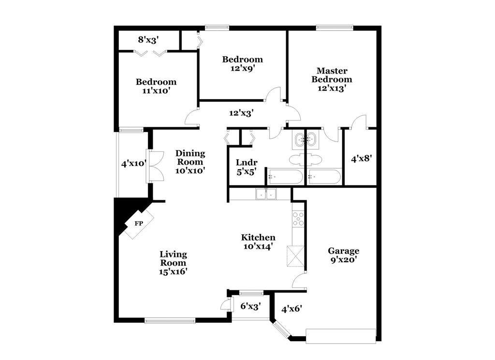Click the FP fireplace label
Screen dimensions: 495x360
tap(139, 224)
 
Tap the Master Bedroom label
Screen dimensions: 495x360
tap(332, 75)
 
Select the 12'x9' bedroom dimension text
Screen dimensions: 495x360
tap(243, 68)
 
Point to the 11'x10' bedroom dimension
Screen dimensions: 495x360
tap(156, 91)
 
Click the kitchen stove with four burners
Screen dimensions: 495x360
tap(298, 219)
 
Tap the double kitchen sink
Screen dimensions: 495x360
tap(266, 194)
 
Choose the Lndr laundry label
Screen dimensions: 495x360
tap(247, 163)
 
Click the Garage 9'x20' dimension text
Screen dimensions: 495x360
tap(344, 260)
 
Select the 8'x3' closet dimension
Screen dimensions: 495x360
tap(148, 40)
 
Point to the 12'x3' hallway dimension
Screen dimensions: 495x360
tap(242, 113)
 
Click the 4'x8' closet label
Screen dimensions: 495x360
tap(362, 158)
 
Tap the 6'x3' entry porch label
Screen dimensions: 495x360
tap(250, 306)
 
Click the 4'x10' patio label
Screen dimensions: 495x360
tap(134, 164)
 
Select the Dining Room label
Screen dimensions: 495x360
tap(190, 157)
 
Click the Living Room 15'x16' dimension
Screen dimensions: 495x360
tap(174, 271)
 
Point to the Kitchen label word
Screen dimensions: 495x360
tap(258, 238)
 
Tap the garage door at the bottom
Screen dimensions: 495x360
tap(341, 336)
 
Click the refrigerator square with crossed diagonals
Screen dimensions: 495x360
tap(296, 256)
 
